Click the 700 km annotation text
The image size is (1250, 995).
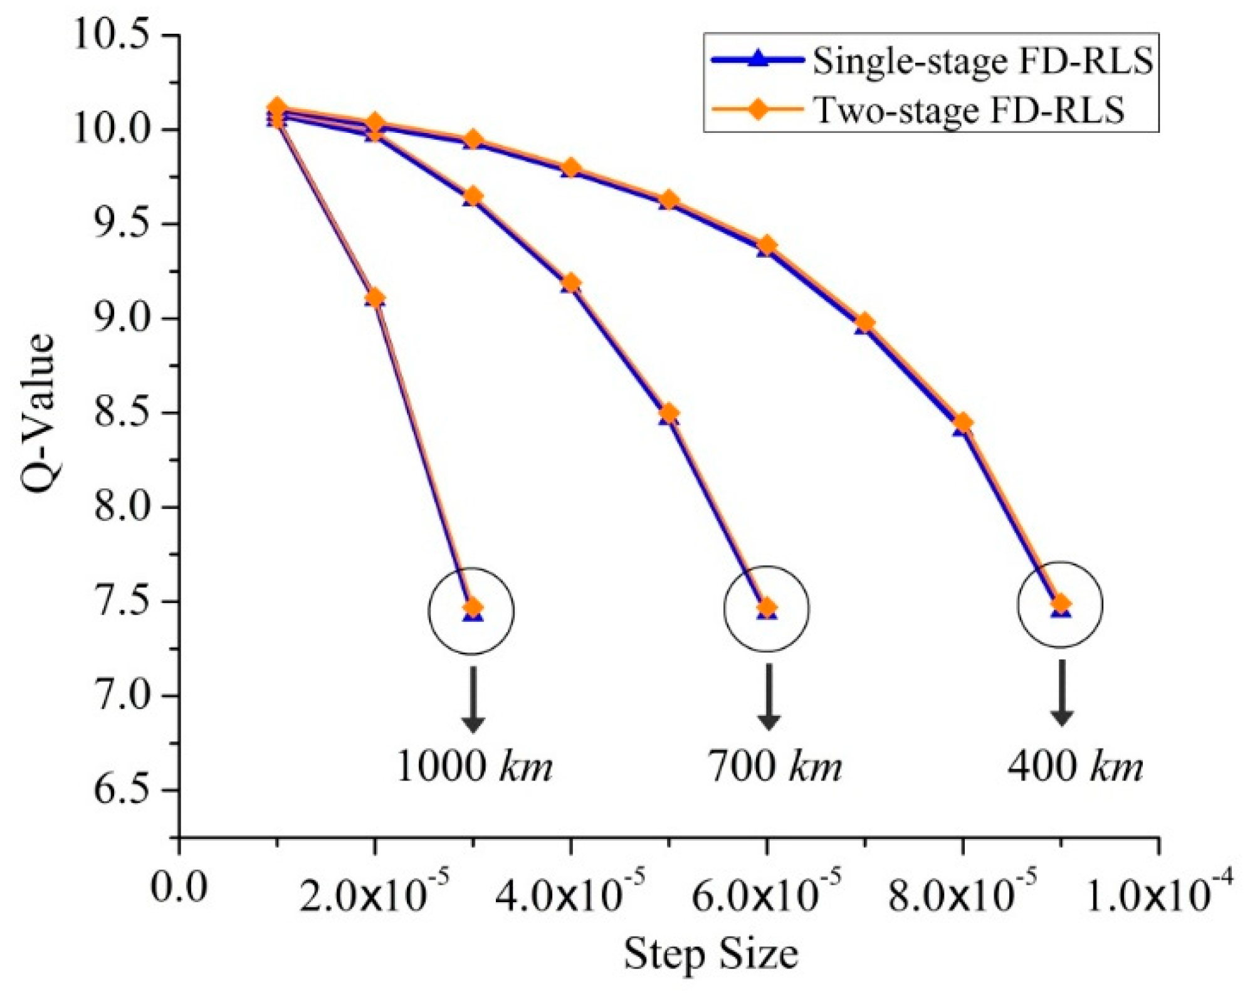[x=775, y=766]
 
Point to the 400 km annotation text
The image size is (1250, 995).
[x=1074, y=766]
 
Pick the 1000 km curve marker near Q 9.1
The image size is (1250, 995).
[x=375, y=298]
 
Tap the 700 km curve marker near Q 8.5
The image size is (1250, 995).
[x=669, y=414]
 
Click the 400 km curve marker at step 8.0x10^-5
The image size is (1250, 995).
[x=962, y=423]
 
